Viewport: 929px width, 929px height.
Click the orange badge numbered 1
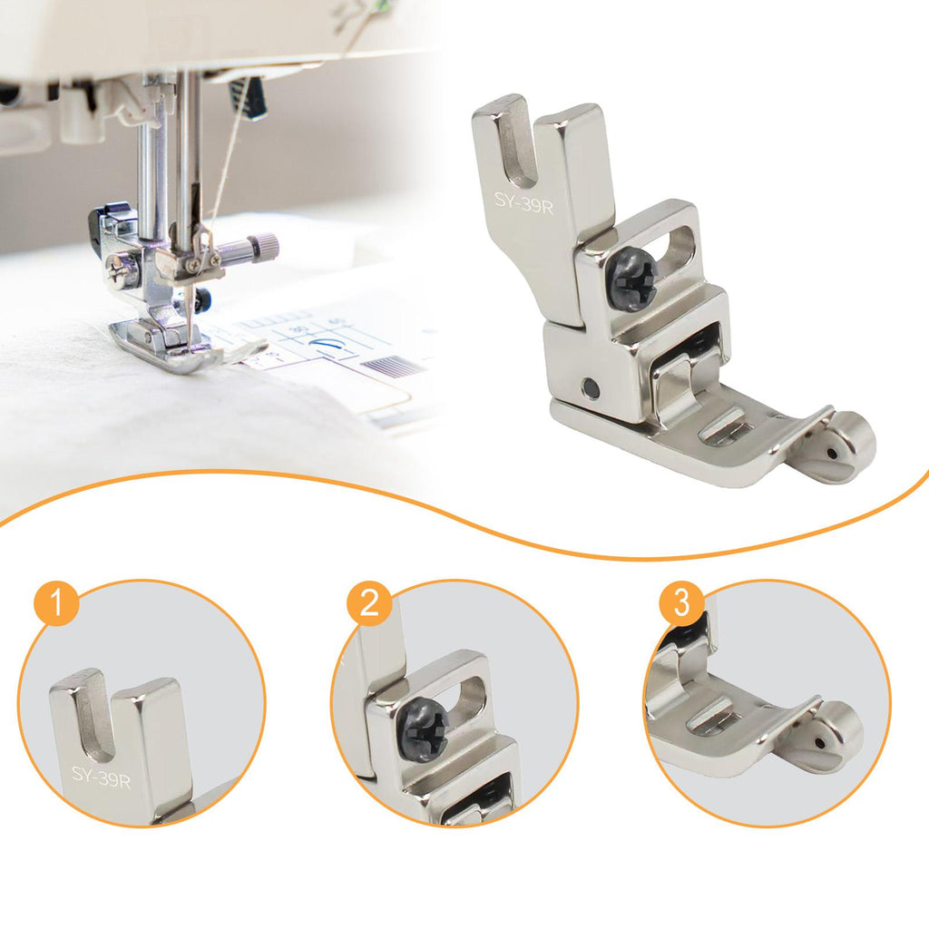tap(57, 603)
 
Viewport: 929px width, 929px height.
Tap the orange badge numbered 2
tap(369, 603)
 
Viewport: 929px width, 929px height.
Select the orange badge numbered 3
tap(681, 603)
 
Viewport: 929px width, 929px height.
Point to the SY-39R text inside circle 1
tap(101, 777)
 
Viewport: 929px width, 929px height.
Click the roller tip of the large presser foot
tap(850, 443)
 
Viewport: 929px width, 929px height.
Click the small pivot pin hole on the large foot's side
tap(590, 389)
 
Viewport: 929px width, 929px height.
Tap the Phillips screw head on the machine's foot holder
tap(117, 264)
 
